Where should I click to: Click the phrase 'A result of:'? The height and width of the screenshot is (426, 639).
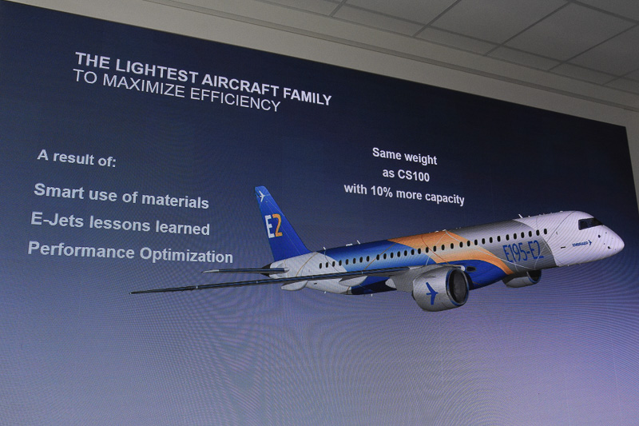pyautogui.click(x=77, y=157)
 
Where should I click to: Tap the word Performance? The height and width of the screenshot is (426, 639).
pyautogui.click(x=69, y=249)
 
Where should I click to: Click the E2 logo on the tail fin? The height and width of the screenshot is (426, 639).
pyautogui.click(x=273, y=225)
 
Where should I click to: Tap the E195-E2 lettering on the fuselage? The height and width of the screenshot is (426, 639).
pyautogui.click(x=523, y=252)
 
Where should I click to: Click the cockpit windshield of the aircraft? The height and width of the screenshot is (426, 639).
pyautogui.click(x=589, y=223)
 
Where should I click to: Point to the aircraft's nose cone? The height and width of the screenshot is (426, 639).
pyautogui.click(x=618, y=241)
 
